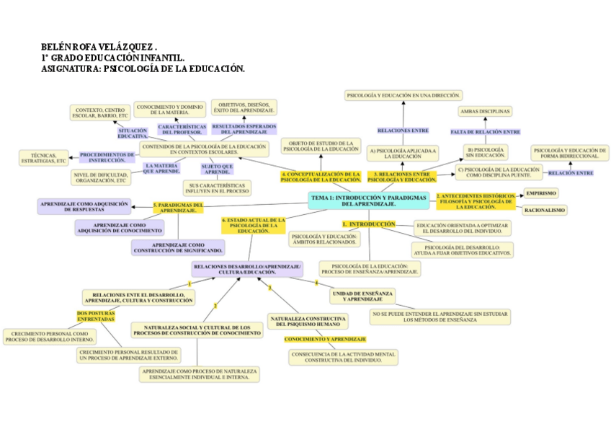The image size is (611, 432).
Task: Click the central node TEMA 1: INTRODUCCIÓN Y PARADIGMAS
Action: tap(370, 200)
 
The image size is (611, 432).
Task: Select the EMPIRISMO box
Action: tap(541, 193)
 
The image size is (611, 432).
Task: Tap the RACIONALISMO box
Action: tap(544, 210)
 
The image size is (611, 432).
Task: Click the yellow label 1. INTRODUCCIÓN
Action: tap(369, 224)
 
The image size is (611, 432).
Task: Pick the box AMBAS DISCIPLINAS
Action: tap(484, 111)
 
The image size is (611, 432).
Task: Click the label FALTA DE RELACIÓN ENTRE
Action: tap(485, 132)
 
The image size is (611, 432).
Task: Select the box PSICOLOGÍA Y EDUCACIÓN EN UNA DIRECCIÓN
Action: tap(403, 95)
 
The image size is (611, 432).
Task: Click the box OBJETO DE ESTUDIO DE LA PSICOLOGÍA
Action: tap(321, 146)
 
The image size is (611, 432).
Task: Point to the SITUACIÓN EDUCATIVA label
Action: tap(133, 133)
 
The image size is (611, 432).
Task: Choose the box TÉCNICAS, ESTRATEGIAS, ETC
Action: tap(44, 158)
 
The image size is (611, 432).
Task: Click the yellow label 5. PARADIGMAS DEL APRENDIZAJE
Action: tap(178, 208)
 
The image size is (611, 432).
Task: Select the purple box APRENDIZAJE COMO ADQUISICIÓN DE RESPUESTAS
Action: tap(85, 207)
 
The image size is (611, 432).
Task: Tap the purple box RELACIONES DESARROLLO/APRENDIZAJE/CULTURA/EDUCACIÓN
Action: tap(247, 269)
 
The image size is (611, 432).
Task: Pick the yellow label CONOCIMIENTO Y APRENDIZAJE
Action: tap(325, 338)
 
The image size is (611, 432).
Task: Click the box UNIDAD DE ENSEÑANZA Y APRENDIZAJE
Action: tap(362, 296)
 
